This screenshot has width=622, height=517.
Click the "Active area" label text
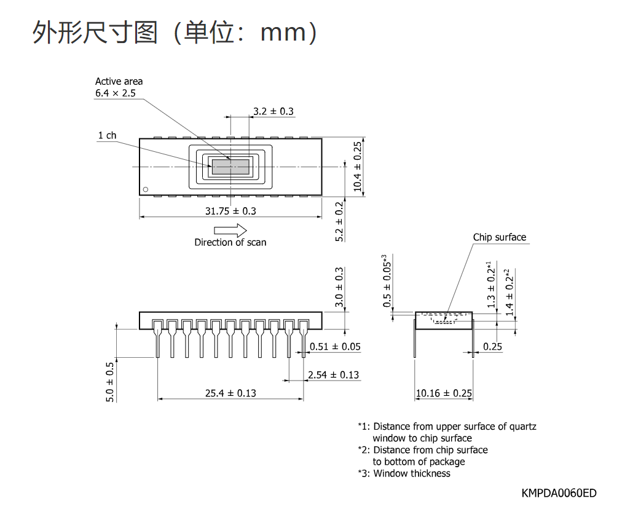[x=119, y=81]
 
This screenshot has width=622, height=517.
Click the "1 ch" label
[x=107, y=135]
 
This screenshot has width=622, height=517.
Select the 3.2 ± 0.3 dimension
[x=273, y=111]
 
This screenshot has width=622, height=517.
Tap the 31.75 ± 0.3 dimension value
[x=230, y=211]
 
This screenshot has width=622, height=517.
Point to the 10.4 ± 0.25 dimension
[x=358, y=166]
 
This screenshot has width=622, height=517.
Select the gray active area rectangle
[x=230, y=167]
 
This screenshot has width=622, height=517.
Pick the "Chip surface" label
[x=499, y=237]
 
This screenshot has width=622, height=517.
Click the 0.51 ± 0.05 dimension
[x=335, y=347]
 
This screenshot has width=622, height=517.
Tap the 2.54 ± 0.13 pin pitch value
[x=334, y=375]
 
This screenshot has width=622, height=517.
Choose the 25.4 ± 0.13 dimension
[x=230, y=393]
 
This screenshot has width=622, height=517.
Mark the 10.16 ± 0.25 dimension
[x=444, y=393]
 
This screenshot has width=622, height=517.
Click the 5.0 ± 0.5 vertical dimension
[x=110, y=381]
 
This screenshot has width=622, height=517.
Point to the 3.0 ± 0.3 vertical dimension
[x=339, y=287]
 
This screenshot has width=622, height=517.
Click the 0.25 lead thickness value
[x=492, y=347]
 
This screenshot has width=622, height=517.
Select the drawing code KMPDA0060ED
[x=559, y=493]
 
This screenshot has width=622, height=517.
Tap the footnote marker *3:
[x=364, y=473]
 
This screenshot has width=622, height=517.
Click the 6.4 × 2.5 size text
[x=115, y=93]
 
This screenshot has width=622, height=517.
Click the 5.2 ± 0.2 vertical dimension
[x=339, y=221]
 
